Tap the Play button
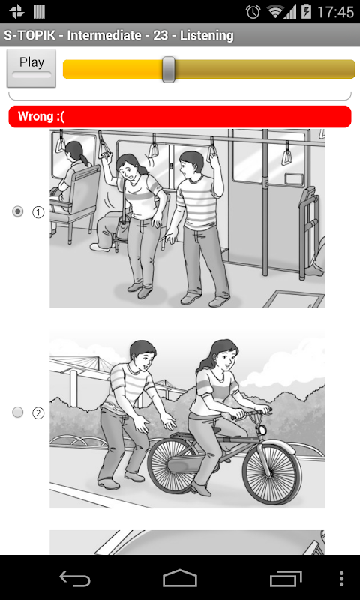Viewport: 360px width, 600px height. pos(31,68)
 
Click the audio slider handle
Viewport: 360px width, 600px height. pos(168,69)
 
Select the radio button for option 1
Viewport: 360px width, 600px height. pos(17,211)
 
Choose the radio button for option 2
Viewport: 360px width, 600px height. pos(17,412)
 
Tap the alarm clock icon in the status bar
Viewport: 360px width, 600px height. pos(253,12)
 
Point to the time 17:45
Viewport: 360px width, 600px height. pos(335,12)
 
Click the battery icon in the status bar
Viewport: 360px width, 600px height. pos(306,12)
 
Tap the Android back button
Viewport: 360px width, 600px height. pos(75,578)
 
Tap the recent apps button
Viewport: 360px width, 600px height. pos(286,578)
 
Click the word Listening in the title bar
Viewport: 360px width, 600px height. pos(207,35)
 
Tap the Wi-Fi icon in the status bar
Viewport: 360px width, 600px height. pos(275,12)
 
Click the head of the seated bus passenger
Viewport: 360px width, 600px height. pos(75,151)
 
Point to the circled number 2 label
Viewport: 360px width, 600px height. pos(37,413)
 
